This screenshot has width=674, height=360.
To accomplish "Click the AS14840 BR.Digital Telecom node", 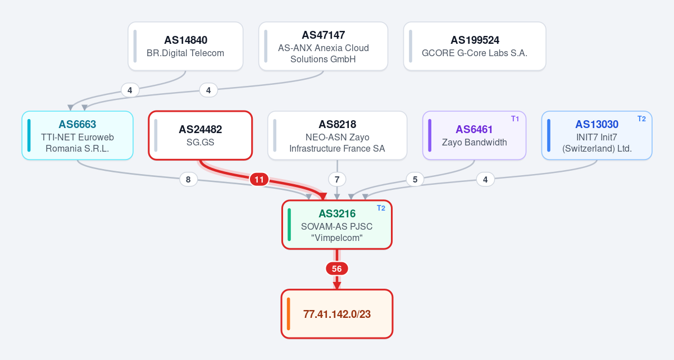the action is pos(185,46).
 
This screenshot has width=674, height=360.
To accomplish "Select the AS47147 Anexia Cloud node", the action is pos(323,46).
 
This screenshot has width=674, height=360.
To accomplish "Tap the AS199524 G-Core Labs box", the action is pos(475,46).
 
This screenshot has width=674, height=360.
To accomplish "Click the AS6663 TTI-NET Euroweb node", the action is pos(78,135).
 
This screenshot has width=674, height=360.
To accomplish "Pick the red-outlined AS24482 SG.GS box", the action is pos(200,135).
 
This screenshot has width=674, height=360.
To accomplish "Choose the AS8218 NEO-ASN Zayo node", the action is pos(337,135).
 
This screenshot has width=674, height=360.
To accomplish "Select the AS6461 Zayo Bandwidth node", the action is pos(474,135).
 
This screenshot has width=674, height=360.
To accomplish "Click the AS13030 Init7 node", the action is pos(596,135).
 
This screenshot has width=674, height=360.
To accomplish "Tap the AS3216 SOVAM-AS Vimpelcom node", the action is pos(336,225).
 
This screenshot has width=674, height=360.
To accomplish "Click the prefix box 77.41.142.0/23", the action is pos(336,314).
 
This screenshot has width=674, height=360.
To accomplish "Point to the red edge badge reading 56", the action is pos(336,269).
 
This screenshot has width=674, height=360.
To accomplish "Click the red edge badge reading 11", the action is pos(259,180).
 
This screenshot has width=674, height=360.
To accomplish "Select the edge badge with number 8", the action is pos(188,180).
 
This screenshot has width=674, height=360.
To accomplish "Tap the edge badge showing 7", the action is pos(337,180).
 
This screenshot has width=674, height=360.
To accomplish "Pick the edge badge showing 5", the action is pos(415,180).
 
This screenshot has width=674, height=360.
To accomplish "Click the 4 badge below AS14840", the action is pos(130,90).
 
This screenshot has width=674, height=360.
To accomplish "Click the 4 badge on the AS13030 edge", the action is pos(485,180).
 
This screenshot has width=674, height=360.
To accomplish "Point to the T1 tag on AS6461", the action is pos(515,119).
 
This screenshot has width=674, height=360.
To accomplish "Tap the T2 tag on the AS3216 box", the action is pos(381,208).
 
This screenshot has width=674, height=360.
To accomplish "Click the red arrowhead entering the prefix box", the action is pos(336,286).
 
